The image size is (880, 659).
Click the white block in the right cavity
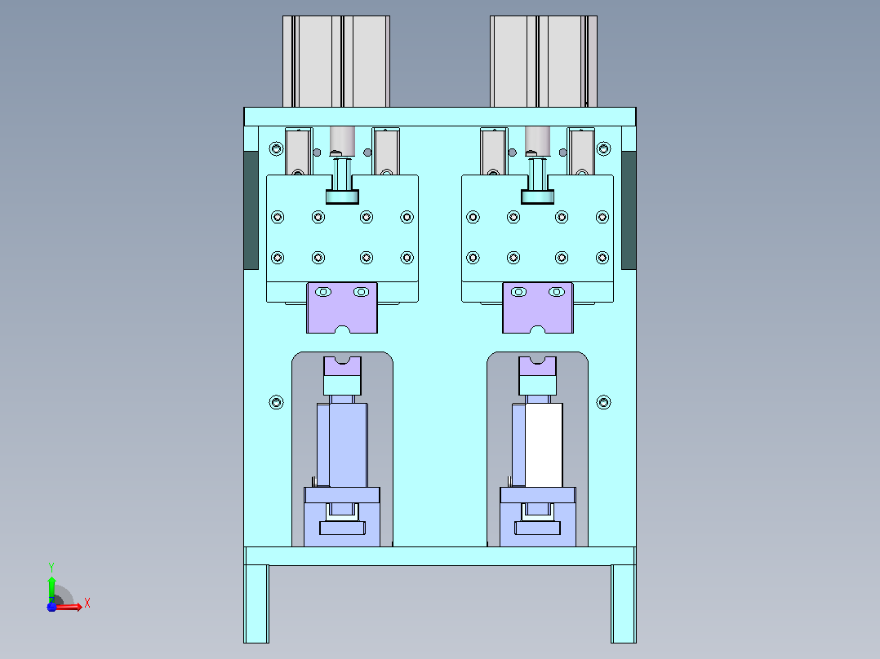[x=544, y=445]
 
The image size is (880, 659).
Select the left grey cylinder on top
[x=336, y=61]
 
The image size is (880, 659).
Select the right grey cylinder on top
[x=544, y=61]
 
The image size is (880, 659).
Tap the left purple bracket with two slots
[x=342, y=308]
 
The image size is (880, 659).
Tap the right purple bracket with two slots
[x=538, y=308]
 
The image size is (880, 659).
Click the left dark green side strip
[x=251, y=210]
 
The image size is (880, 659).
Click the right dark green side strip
[x=629, y=210]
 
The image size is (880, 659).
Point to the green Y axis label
[x=51, y=567]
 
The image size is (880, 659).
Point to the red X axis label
[x=87, y=604]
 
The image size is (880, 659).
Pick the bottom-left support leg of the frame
[x=256, y=604]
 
